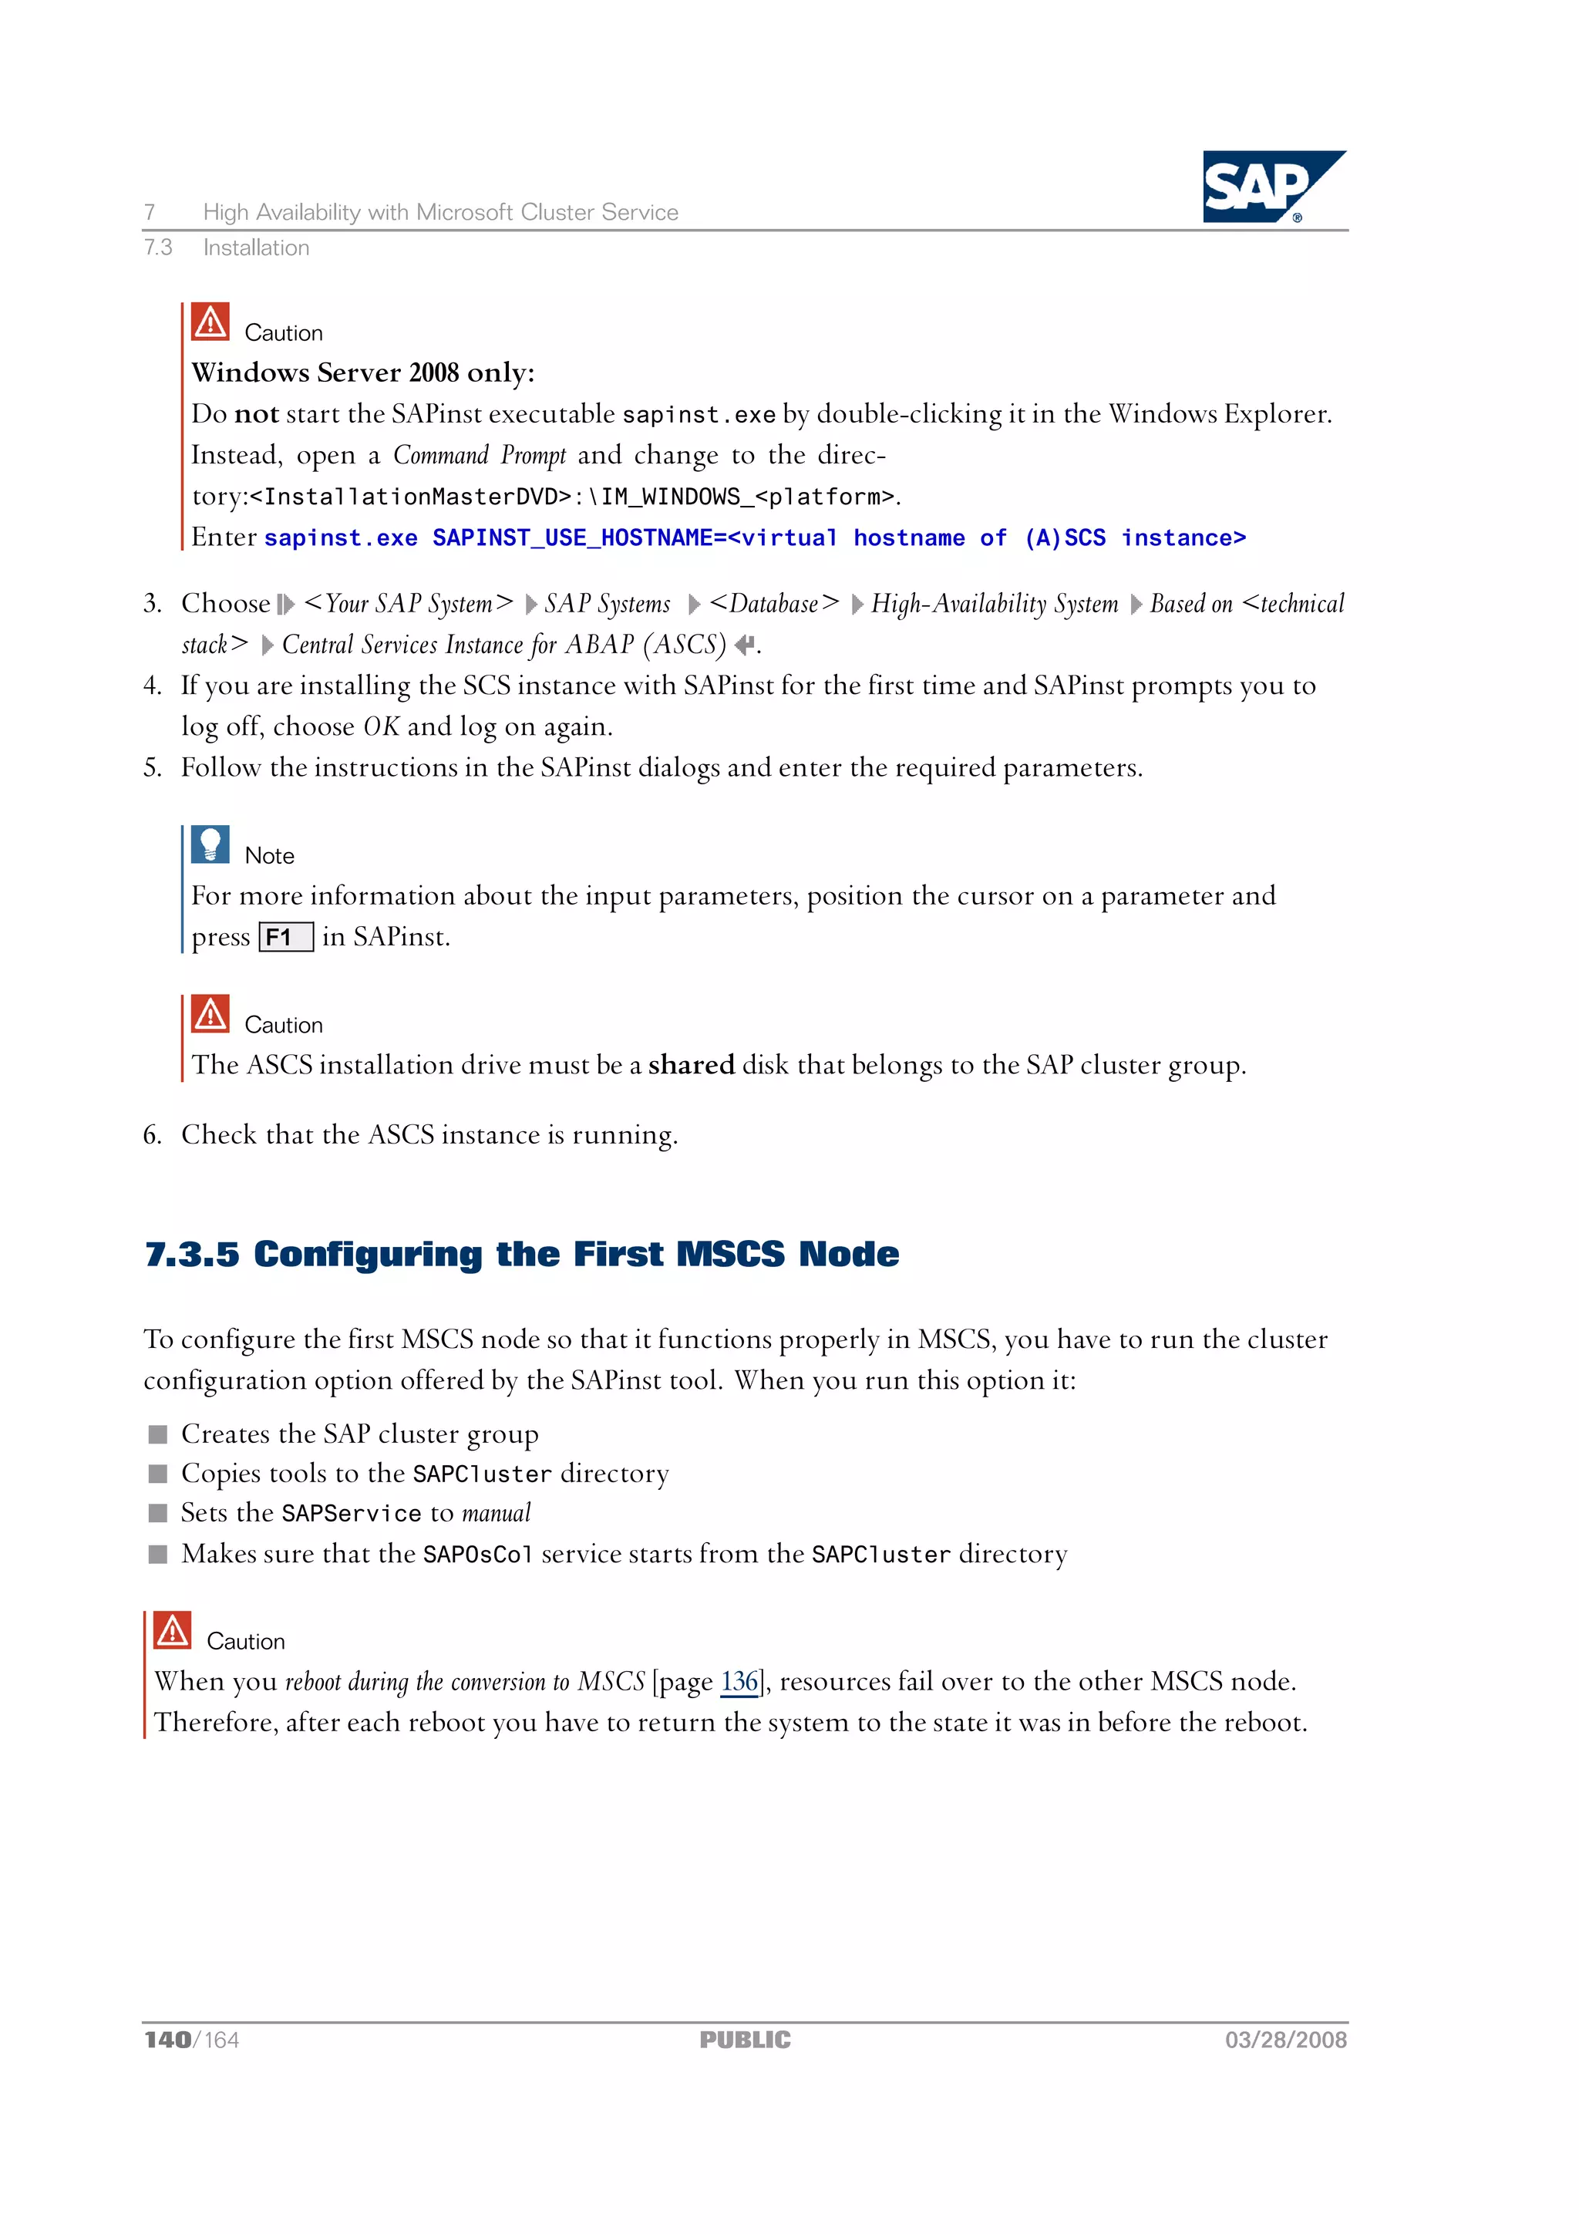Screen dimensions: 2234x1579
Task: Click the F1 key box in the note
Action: tap(286, 937)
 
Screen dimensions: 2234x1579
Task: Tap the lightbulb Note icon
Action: tap(210, 844)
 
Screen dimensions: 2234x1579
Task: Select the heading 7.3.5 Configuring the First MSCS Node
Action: tap(521, 1254)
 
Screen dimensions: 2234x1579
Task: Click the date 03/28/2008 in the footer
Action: tap(1285, 2040)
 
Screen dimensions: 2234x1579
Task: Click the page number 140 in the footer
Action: tap(167, 2040)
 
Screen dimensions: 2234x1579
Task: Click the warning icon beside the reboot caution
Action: tap(172, 1629)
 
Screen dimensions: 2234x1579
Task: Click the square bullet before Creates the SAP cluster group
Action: tap(157, 1434)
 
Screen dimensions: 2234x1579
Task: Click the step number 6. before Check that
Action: tap(152, 1135)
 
